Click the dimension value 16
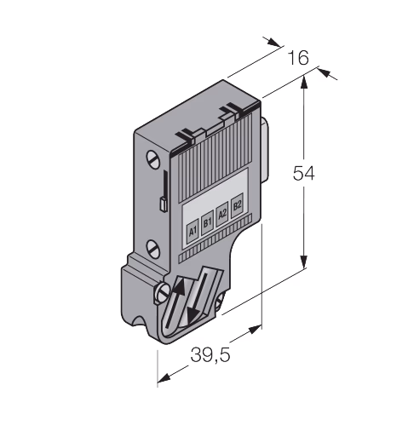pyautogui.click(x=298, y=58)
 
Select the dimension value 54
pyautogui.click(x=304, y=173)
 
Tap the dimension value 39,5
pyautogui.click(x=210, y=354)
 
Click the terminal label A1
pyautogui.click(x=193, y=232)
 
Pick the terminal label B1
pyautogui.click(x=208, y=222)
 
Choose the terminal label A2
pyautogui.click(x=222, y=214)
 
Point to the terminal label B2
pyautogui.click(x=237, y=205)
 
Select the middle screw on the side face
pyautogui.click(x=152, y=249)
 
